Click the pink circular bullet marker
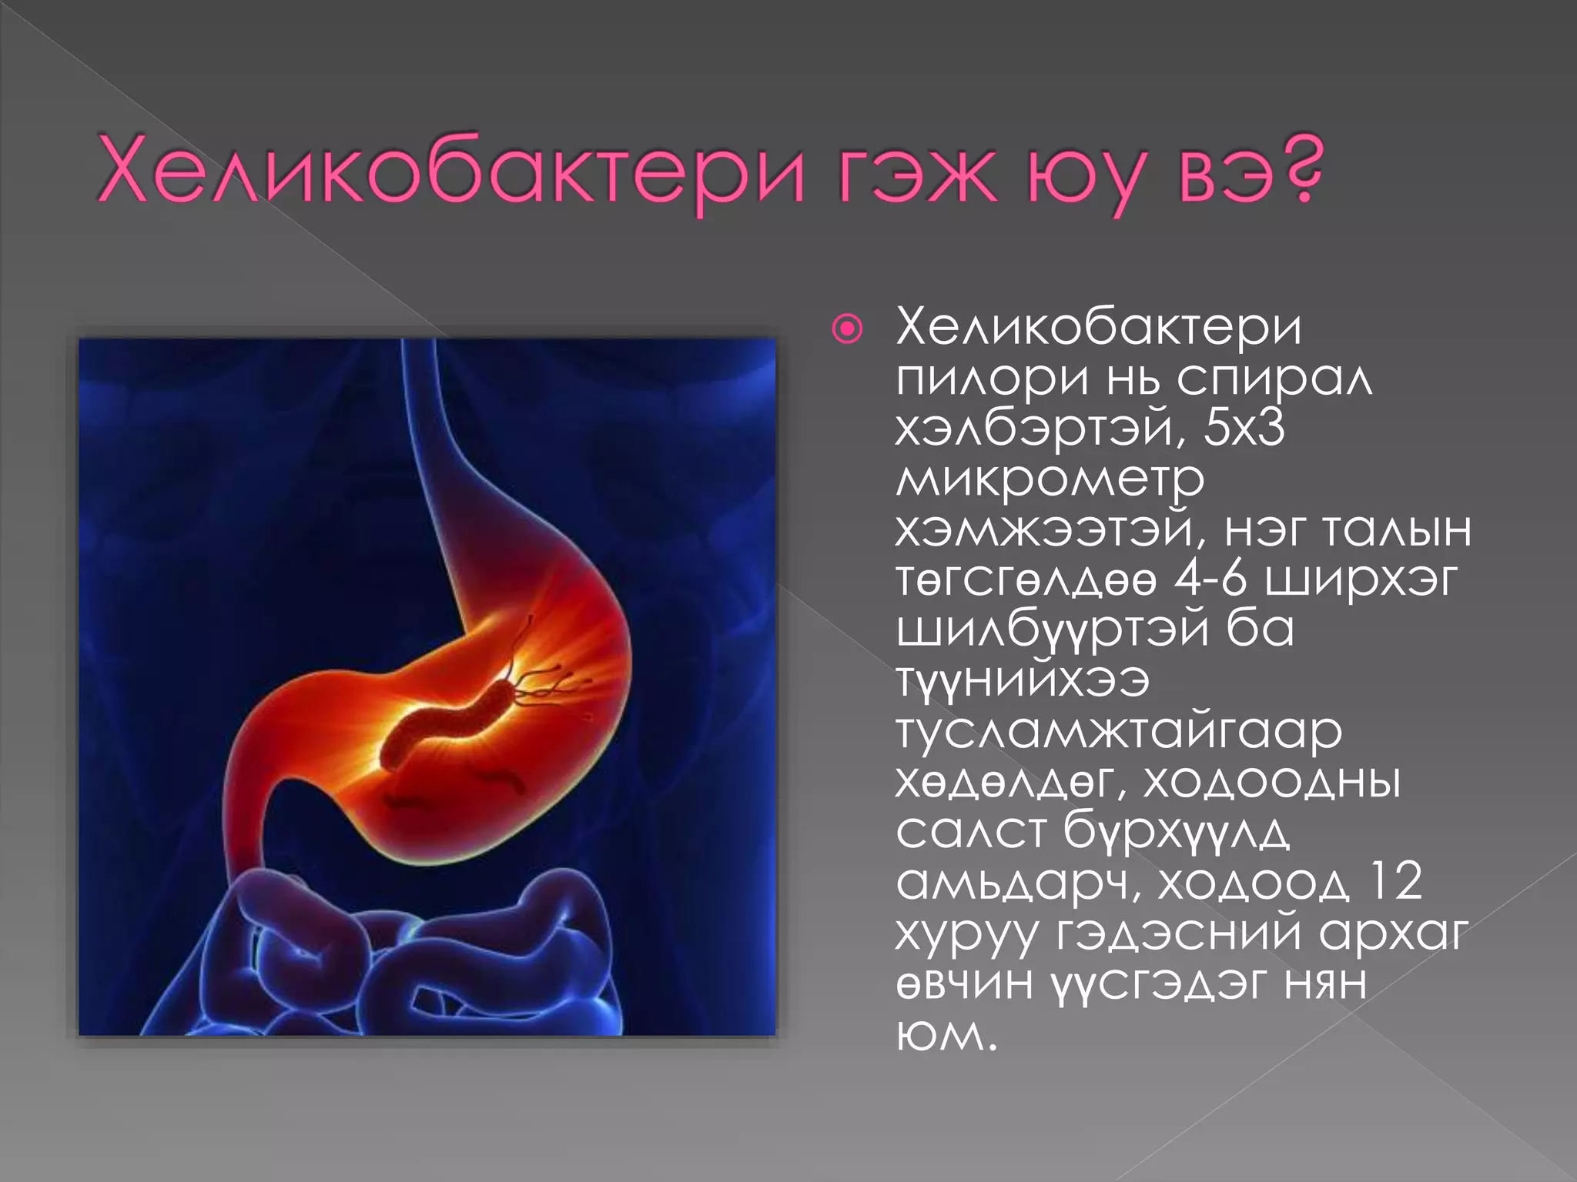click(x=848, y=330)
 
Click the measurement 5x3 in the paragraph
click(x=1244, y=428)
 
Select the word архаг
click(x=1394, y=934)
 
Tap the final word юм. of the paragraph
click(x=946, y=1035)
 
